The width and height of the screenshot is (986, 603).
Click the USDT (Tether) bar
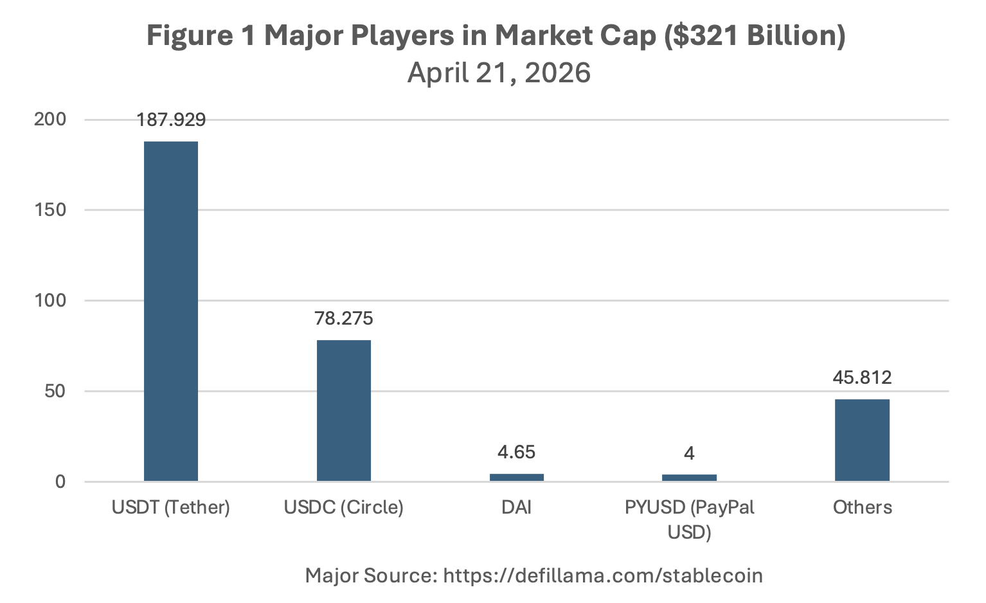coord(171,311)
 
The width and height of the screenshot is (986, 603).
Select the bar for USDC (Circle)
coord(344,411)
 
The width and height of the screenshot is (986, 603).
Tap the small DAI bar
coord(517,477)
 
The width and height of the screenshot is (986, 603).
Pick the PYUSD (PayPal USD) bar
coord(689,478)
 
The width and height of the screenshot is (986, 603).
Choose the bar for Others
coord(863,440)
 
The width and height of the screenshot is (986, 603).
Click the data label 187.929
coord(171,120)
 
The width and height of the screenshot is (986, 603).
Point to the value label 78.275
coord(344,318)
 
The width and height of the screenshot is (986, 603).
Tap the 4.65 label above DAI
coord(516,452)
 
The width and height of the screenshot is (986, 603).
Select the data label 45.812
coord(862,377)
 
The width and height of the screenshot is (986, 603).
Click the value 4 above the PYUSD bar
coord(689,453)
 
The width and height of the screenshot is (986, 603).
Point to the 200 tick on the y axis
coord(49,120)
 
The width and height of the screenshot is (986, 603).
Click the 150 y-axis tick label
coord(49,210)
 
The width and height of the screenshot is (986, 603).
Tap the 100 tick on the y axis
coord(49,301)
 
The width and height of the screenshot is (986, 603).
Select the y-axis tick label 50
coord(55,392)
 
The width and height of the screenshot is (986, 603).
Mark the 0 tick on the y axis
coord(60,482)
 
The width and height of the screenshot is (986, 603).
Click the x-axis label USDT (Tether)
coord(171,507)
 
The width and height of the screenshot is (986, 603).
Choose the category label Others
coord(863,507)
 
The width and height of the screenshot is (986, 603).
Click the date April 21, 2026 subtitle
coord(499,73)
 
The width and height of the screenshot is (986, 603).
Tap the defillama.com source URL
coord(603,575)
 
